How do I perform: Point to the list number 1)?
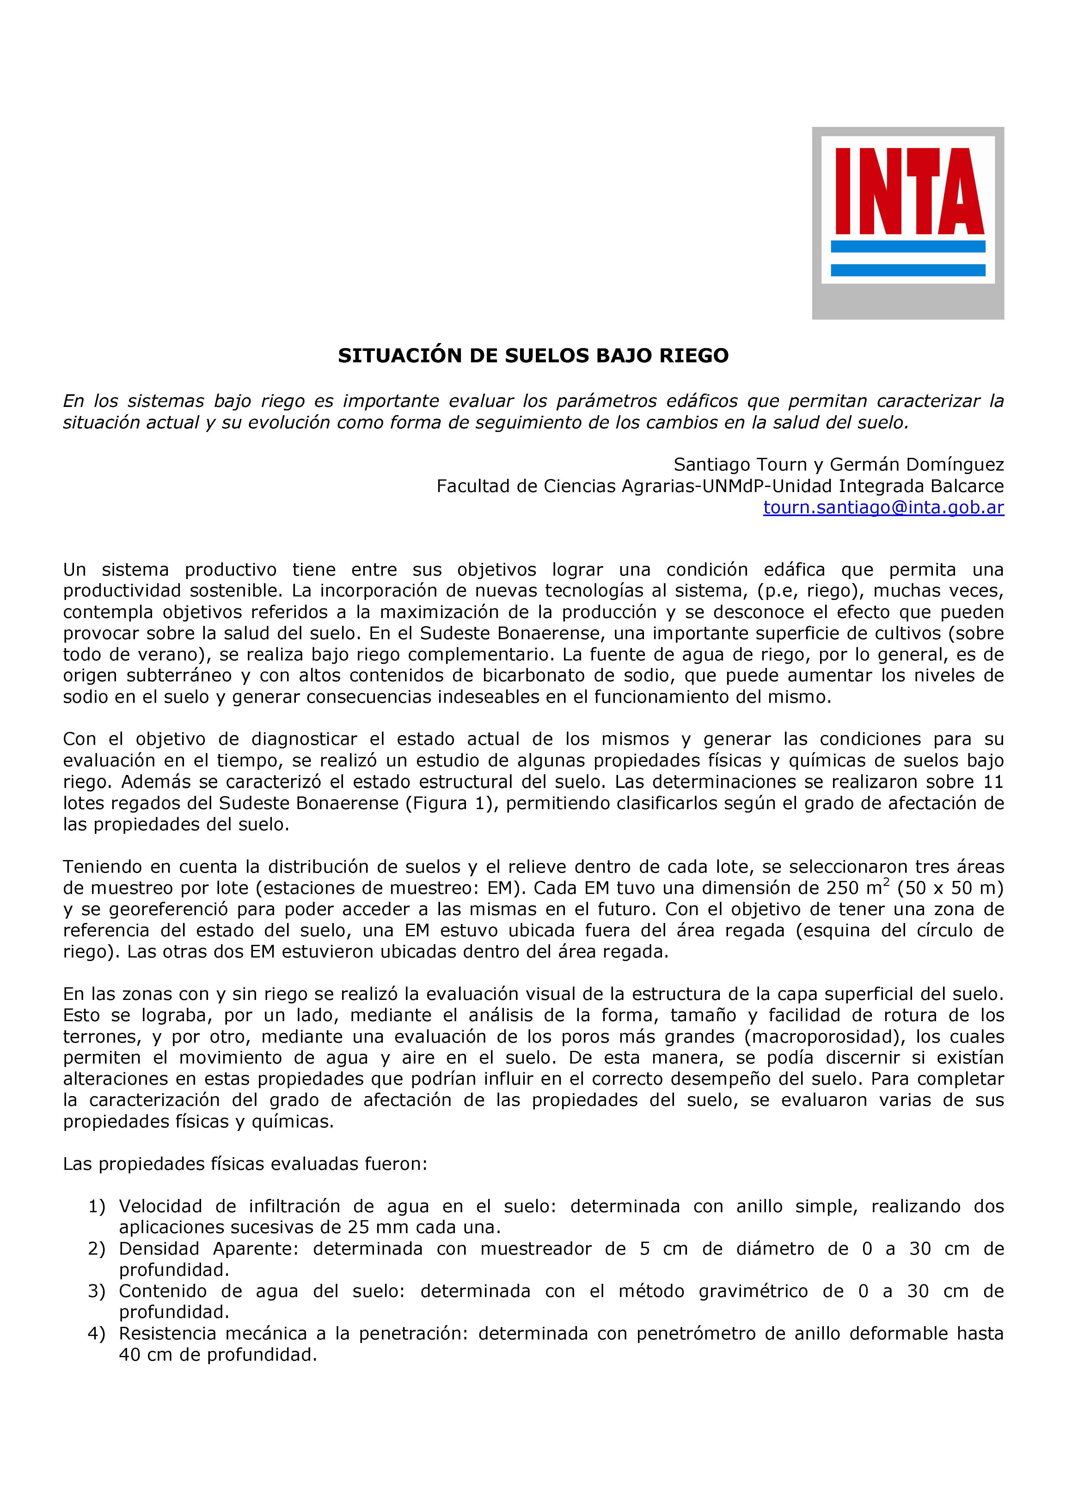pyautogui.click(x=97, y=1206)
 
